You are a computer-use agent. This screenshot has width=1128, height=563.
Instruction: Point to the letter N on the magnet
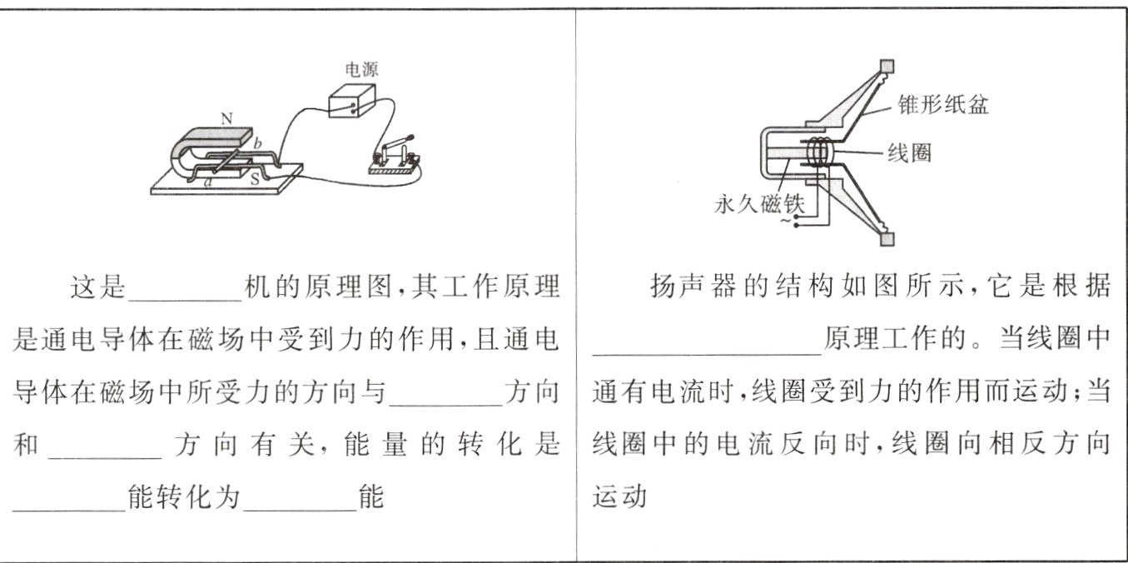coord(226,119)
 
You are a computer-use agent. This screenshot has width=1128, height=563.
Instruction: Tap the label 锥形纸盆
coord(942,105)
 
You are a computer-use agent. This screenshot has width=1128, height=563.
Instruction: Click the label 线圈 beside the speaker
coord(909,153)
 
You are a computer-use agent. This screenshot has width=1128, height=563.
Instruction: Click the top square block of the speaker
coord(887,66)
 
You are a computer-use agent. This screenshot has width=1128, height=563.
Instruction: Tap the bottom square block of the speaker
coord(887,239)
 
